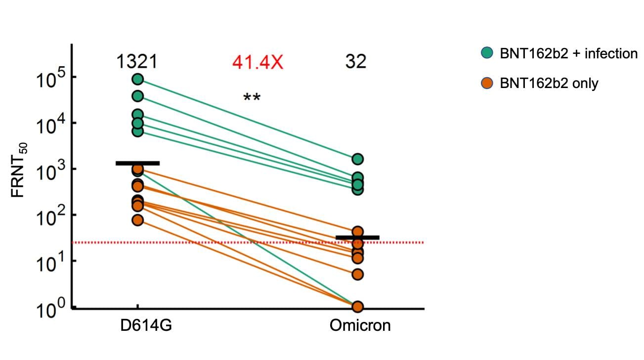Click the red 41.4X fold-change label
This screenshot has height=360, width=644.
[x=258, y=62]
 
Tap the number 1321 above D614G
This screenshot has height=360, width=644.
[x=137, y=62]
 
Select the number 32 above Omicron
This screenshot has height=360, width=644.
[x=356, y=62]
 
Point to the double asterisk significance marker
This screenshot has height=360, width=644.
[x=252, y=97]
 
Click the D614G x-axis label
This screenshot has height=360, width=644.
[x=146, y=326]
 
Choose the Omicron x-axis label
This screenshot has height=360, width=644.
[x=360, y=326]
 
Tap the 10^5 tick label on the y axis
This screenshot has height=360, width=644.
[x=48, y=79]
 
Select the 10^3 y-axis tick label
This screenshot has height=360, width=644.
[x=48, y=171]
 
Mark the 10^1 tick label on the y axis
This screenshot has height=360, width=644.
[x=48, y=263]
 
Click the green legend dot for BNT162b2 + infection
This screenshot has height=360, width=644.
[x=487, y=53]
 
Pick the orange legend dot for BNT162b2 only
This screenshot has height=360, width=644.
[x=487, y=83]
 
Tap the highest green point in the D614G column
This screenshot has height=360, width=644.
[x=137, y=79]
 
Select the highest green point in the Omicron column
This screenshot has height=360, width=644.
[x=358, y=159]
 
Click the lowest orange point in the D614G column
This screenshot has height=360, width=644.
[x=137, y=221]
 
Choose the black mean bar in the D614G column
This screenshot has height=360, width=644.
[x=137, y=163]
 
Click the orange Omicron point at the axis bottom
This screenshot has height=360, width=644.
[x=358, y=307]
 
